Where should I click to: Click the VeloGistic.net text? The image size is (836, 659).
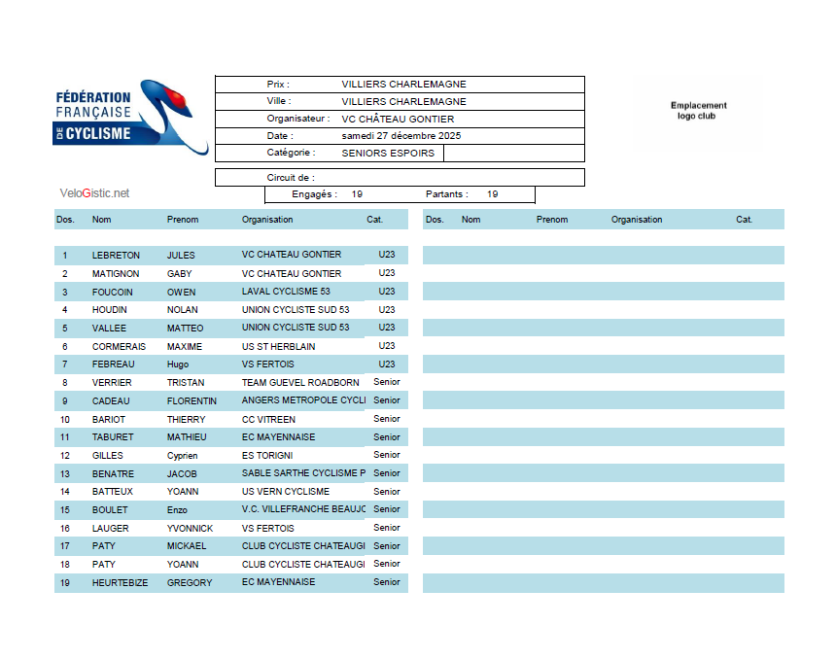pos(94,193)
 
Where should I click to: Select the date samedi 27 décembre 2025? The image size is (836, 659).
pos(401,136)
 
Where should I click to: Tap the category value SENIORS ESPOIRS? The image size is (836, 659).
pos(388,154)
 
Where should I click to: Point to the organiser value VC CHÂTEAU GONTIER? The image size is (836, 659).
pos(398,119)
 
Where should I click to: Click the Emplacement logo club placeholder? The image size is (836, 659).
pos(698,111)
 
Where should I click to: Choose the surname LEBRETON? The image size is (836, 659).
pos(116,256)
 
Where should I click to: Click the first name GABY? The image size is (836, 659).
pos(180,274)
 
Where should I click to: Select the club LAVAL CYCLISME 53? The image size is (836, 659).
pos(286,292)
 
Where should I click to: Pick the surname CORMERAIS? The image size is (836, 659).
pos(119,346)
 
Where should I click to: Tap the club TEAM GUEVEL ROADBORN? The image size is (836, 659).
pos(300,383)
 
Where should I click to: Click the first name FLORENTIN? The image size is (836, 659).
pos(192,400)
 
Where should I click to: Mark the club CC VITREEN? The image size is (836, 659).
pos(268,419)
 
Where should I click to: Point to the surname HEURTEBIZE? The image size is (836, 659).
pos(120,582)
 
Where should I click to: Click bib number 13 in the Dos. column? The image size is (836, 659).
pos(65,473)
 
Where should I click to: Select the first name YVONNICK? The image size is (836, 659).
pos(190,528)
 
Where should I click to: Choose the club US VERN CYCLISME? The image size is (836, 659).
pos(286,492)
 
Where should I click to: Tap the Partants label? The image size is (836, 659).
pos(446,194)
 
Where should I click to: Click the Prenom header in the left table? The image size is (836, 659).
pos(183,220)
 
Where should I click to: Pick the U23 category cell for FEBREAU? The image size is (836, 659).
pos(387,364)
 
